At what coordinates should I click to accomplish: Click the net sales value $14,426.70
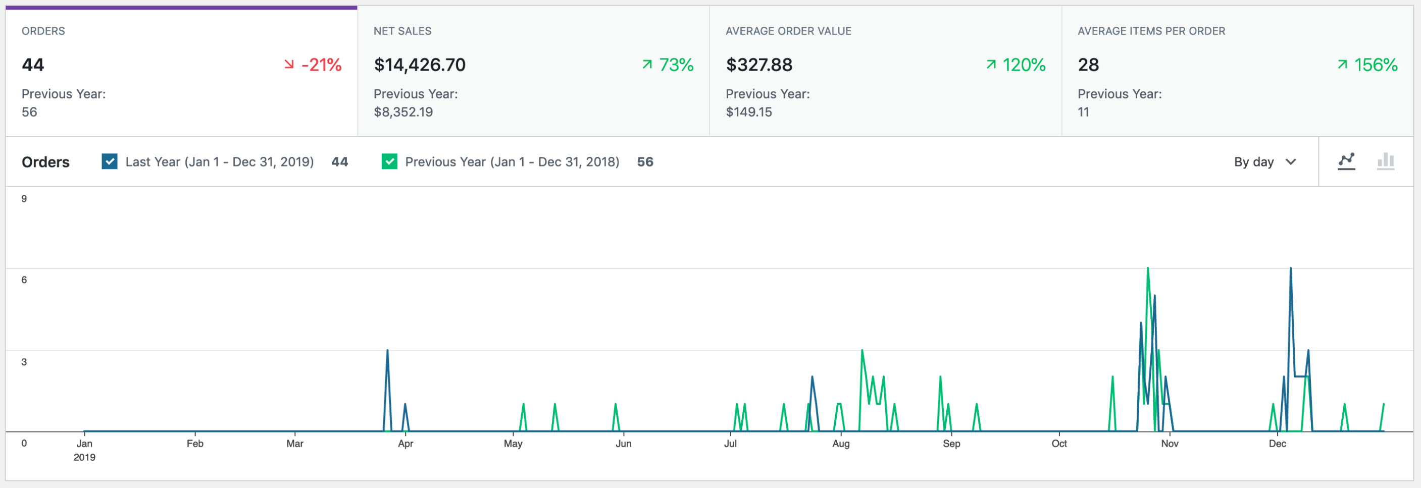[419, 65]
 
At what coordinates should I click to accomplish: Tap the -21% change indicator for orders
[313, 65]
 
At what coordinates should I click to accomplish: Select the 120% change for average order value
[1016, 65]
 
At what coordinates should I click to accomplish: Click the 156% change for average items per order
[1367, 65]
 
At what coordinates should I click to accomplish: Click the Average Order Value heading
[788, 31]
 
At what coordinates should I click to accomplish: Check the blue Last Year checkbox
[109, 161]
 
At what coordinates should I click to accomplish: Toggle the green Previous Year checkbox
[389, 161]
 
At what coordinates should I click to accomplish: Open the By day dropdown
[1264, 161]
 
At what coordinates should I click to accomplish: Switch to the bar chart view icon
[1385, 161]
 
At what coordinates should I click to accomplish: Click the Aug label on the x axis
[840, 443]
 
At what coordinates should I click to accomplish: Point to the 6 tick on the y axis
[24, 280]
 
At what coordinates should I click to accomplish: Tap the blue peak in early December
[1290, 269]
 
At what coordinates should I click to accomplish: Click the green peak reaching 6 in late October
[1147, 269]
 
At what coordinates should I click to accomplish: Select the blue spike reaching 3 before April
[387, 351]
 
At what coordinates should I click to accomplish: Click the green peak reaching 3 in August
[861, 351]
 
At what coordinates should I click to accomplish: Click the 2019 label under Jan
[84, 457]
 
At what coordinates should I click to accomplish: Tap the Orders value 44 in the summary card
[32, 65]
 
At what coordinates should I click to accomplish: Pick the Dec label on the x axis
[1277, 443]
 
